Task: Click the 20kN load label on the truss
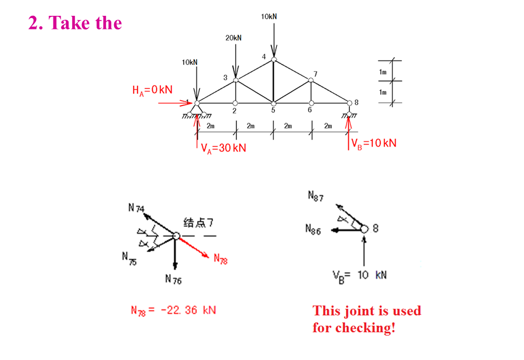point(233,38)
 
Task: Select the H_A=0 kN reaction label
point(152,90)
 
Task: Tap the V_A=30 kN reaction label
point(224,148)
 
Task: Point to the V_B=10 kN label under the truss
point(374,143)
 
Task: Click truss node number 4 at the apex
point(264,57)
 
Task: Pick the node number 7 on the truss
point(315,74)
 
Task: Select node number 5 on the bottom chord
point(273,110)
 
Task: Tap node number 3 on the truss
point(225,77)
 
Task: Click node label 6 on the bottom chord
point(309,110)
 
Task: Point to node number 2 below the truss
point(235,110)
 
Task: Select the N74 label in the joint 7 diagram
point(136,208)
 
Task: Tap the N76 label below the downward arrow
point(174,280)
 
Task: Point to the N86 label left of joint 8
point(314,230)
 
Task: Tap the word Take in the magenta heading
point(64,23)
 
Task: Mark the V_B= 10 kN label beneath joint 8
point(359,274)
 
